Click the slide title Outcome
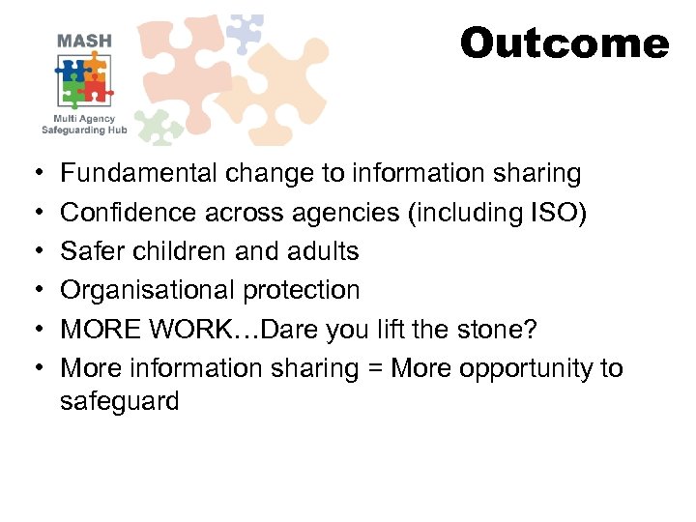point(564,43)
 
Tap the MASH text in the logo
point(84,41)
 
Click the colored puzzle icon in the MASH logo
point(83,81)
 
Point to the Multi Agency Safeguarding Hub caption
point(84,123)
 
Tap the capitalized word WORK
point(189,330)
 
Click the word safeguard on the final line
point(119,401)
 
